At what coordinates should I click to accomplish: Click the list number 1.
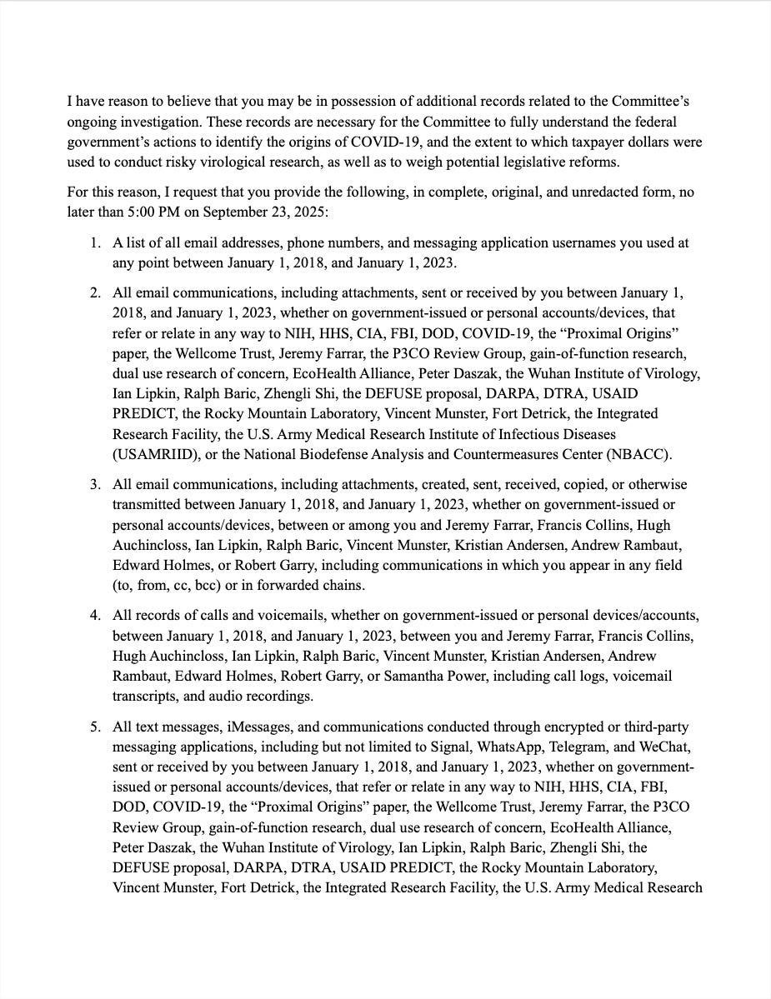(x=95, y=243)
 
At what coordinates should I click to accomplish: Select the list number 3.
(x=95, y=484)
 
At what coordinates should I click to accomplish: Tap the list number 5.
(x=95, y=727)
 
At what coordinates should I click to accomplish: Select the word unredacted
(x=498, y=192)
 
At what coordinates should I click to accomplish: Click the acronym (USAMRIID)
(x=154, y=454)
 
